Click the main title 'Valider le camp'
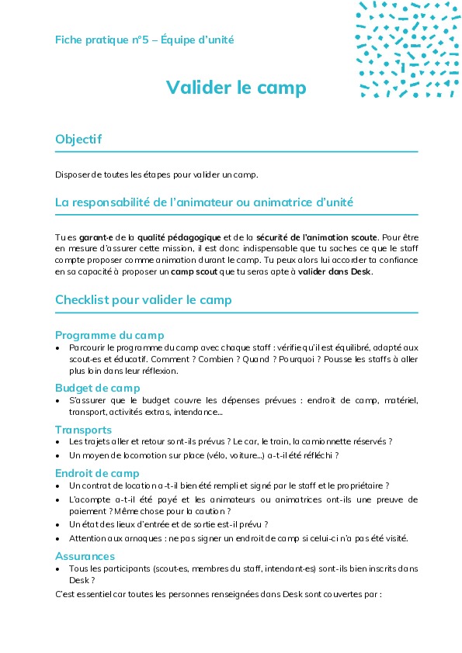pos(236,88)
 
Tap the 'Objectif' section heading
pos(78,139)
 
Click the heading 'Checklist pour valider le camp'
pos(143,299)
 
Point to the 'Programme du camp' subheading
pos(109,335)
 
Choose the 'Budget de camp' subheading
pos(97,388)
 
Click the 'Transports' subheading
pos(83,430)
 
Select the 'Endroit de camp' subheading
pos(97,473)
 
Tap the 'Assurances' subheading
pos(85,556)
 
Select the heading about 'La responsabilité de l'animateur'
pos(204,202)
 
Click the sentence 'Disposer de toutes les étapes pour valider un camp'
pos(156,174)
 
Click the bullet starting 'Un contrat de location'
pos(229,485)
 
